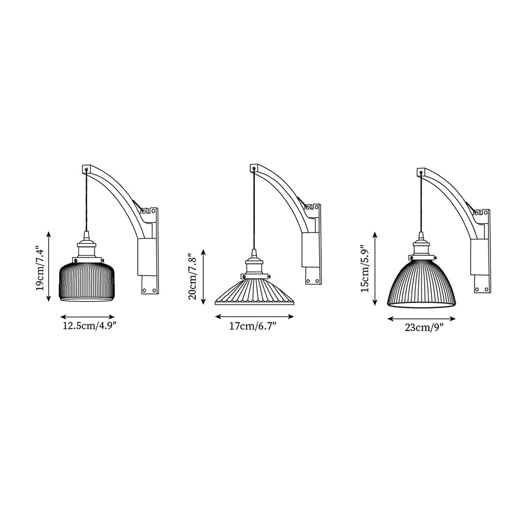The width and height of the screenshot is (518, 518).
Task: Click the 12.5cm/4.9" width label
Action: [87, 326]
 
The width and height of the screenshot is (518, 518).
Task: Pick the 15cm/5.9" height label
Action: [366, 269]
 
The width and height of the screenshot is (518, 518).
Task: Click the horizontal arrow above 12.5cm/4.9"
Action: [87, 316]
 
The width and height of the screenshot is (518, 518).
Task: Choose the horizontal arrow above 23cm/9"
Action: [421, 320]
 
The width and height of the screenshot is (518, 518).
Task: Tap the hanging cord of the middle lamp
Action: [254, 212]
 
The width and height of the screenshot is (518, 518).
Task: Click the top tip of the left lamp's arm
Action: [87, 169]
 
